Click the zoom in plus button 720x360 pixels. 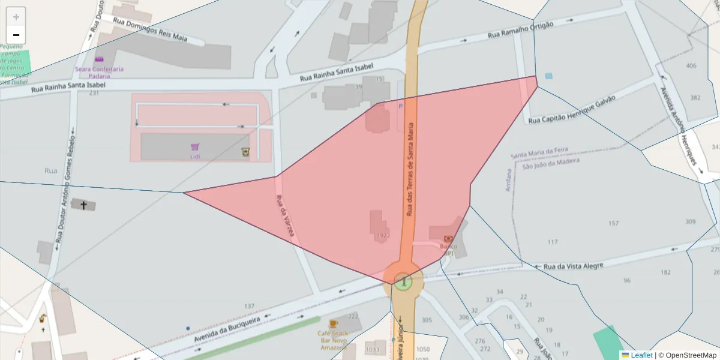[x=16, y=17]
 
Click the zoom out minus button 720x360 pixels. [x=16, y=35]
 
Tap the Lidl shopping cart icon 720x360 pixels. [x=194, y=147]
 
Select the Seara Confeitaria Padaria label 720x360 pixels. [x=99, y=72]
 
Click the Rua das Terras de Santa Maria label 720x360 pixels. [x=410, y=169]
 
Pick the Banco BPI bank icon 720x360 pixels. [x=448, y=239]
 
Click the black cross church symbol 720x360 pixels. [x=83, y=205]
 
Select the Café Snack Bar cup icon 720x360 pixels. [x=334, y=324]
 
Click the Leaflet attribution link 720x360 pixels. [x=641, y=355]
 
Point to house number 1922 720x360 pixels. [x=383, y=236]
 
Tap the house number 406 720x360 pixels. [x=691, y=65]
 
